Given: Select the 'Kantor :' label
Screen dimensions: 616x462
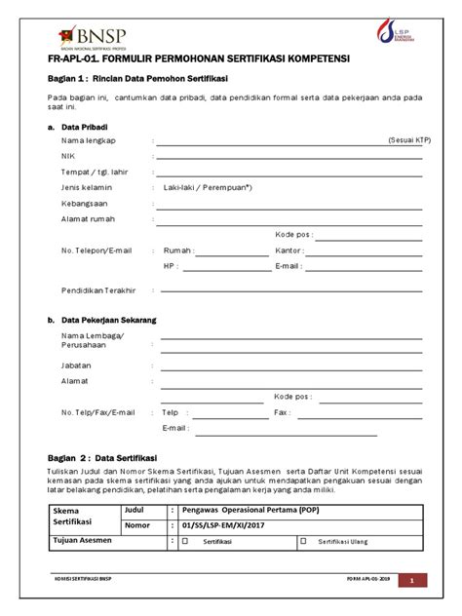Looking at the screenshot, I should coord(290,250).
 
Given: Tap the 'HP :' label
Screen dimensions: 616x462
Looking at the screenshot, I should coord(172,265).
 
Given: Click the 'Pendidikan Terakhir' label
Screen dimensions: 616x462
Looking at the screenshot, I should coord(97,290).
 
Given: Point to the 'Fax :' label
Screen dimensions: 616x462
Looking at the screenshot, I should coord(283,412).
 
